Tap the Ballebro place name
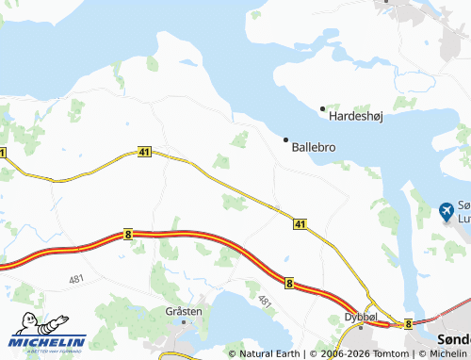[x=314, y=147]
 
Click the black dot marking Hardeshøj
[x=322, y=108]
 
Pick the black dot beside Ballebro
[x=286, y=139]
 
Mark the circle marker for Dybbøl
[x=358, y=329]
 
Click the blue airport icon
[x=447, y=210]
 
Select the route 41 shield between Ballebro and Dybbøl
[x=300, y=224]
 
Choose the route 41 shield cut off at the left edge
[x=3, y=153]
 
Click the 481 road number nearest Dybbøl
[x=265, y=303]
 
